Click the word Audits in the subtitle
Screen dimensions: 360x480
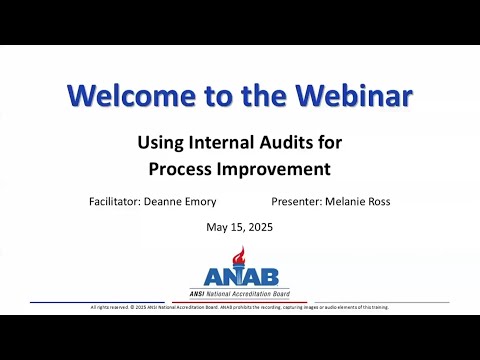[285, 142]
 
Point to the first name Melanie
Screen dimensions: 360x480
[349, 201]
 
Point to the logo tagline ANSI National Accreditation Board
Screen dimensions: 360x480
[240, 293]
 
